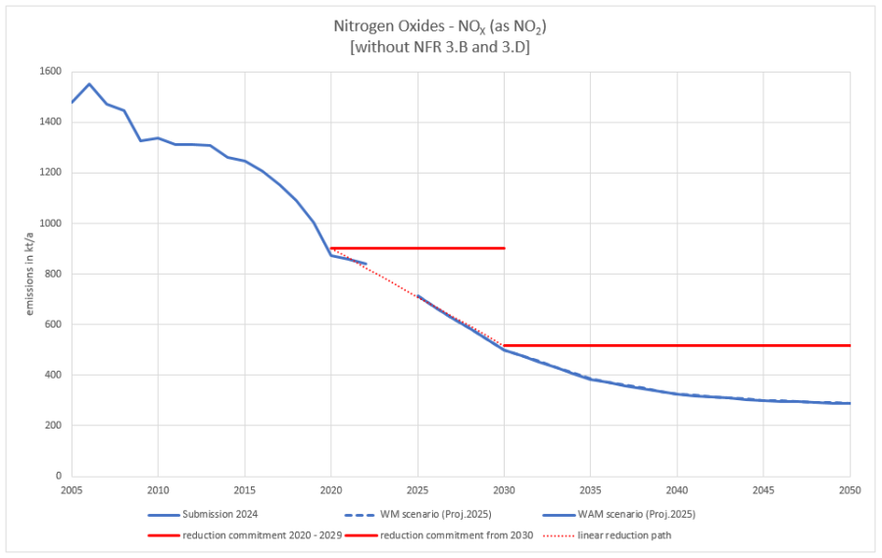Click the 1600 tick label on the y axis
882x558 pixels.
[x=50, y=72]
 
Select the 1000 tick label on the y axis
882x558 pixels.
[x=50, y=224]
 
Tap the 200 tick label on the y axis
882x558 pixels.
[x=53, y=426]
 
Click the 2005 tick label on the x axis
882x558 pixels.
[x=72, y=488]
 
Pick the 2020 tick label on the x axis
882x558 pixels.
[x=331, y=488]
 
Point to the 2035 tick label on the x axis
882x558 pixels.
[x=591, y=488]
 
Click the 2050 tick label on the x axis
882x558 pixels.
[x=850, y=488]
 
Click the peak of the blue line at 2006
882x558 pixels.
[x=89, y=83]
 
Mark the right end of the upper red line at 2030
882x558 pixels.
[x=505, y=248]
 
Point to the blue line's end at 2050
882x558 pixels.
[x=850, y=403]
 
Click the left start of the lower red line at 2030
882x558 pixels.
[x=505, y=345]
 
